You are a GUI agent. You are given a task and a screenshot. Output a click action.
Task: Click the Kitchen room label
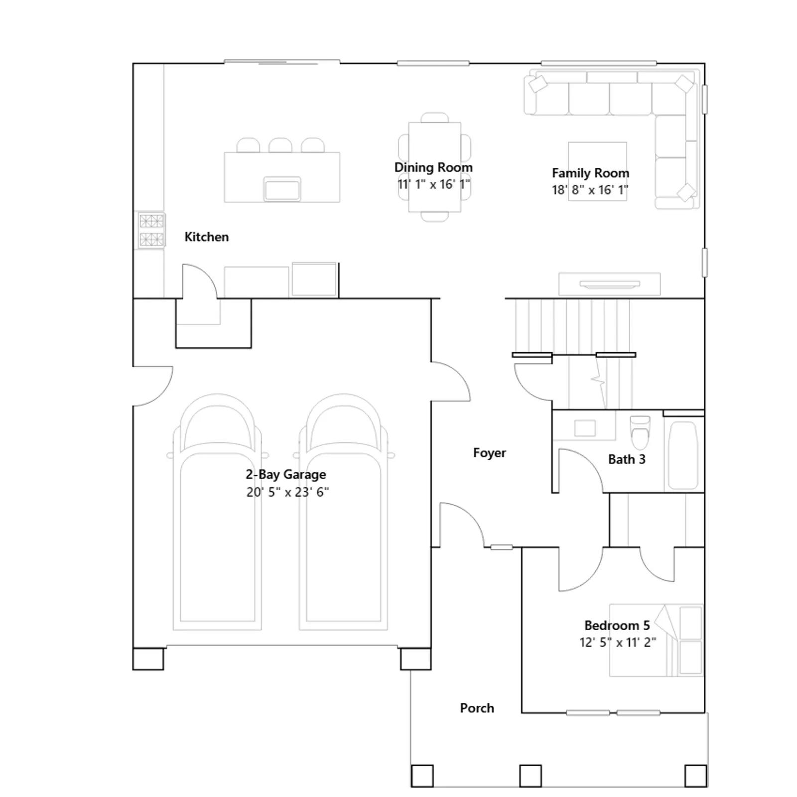[x=207, y=237]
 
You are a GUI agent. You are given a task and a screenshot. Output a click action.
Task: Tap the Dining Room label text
[x=433, y=167]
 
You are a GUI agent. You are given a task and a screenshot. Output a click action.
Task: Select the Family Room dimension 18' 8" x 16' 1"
[x=590, y=190]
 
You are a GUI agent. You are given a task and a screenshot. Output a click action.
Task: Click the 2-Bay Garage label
[x=286, y=474]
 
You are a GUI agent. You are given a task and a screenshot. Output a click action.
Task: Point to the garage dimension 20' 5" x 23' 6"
[x=287, y=492]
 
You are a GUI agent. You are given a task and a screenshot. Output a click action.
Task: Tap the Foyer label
[x=489, y=453]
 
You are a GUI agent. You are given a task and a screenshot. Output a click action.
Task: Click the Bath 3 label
[x=627, y=459]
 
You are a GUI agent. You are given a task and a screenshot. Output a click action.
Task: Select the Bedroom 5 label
[x=617, y=625]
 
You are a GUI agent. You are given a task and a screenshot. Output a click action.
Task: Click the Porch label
[x=477, y=708]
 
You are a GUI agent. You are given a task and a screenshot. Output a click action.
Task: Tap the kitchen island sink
[x=282, y=189]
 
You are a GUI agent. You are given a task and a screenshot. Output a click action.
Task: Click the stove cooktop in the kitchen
[x=151, y=230]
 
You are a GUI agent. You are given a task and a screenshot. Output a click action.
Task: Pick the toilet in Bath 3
[x=640, y=432]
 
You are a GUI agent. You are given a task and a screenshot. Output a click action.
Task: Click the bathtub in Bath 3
[x=683, y=456]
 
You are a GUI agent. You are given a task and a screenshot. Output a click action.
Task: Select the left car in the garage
[x=217, y=512]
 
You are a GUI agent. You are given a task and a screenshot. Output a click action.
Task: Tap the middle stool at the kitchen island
[x=280, y=145]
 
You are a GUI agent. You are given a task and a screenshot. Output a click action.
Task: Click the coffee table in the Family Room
[x=597, y=171]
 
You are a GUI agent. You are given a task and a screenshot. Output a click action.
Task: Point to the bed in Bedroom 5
[x=656, y=641]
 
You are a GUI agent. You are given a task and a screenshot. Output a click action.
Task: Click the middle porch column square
[x=530, y=776]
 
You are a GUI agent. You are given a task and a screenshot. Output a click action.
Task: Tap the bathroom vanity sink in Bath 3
[x=585, y=428]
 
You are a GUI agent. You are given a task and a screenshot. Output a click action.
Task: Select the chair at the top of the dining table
[x=434, y=118]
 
